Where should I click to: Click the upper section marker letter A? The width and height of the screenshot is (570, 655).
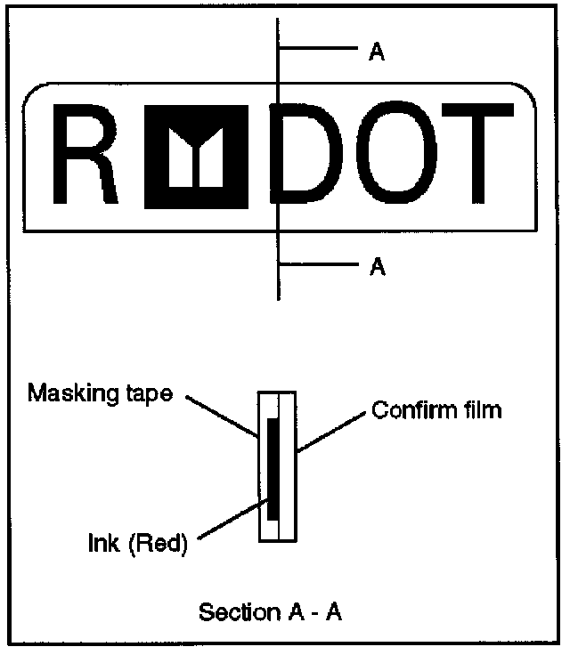(376, 53)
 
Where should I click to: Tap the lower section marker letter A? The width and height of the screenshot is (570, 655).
(376, 267)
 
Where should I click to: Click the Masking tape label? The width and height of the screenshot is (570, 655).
(100, 392)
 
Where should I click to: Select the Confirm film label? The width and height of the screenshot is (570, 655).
(436, 410)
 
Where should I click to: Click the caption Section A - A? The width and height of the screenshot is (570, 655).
(271, 612)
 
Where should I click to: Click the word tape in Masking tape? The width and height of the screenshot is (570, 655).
(147, 393)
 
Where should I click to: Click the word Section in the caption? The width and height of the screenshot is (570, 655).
(234, 612)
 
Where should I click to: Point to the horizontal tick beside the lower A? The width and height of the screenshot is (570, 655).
(317, 263)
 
